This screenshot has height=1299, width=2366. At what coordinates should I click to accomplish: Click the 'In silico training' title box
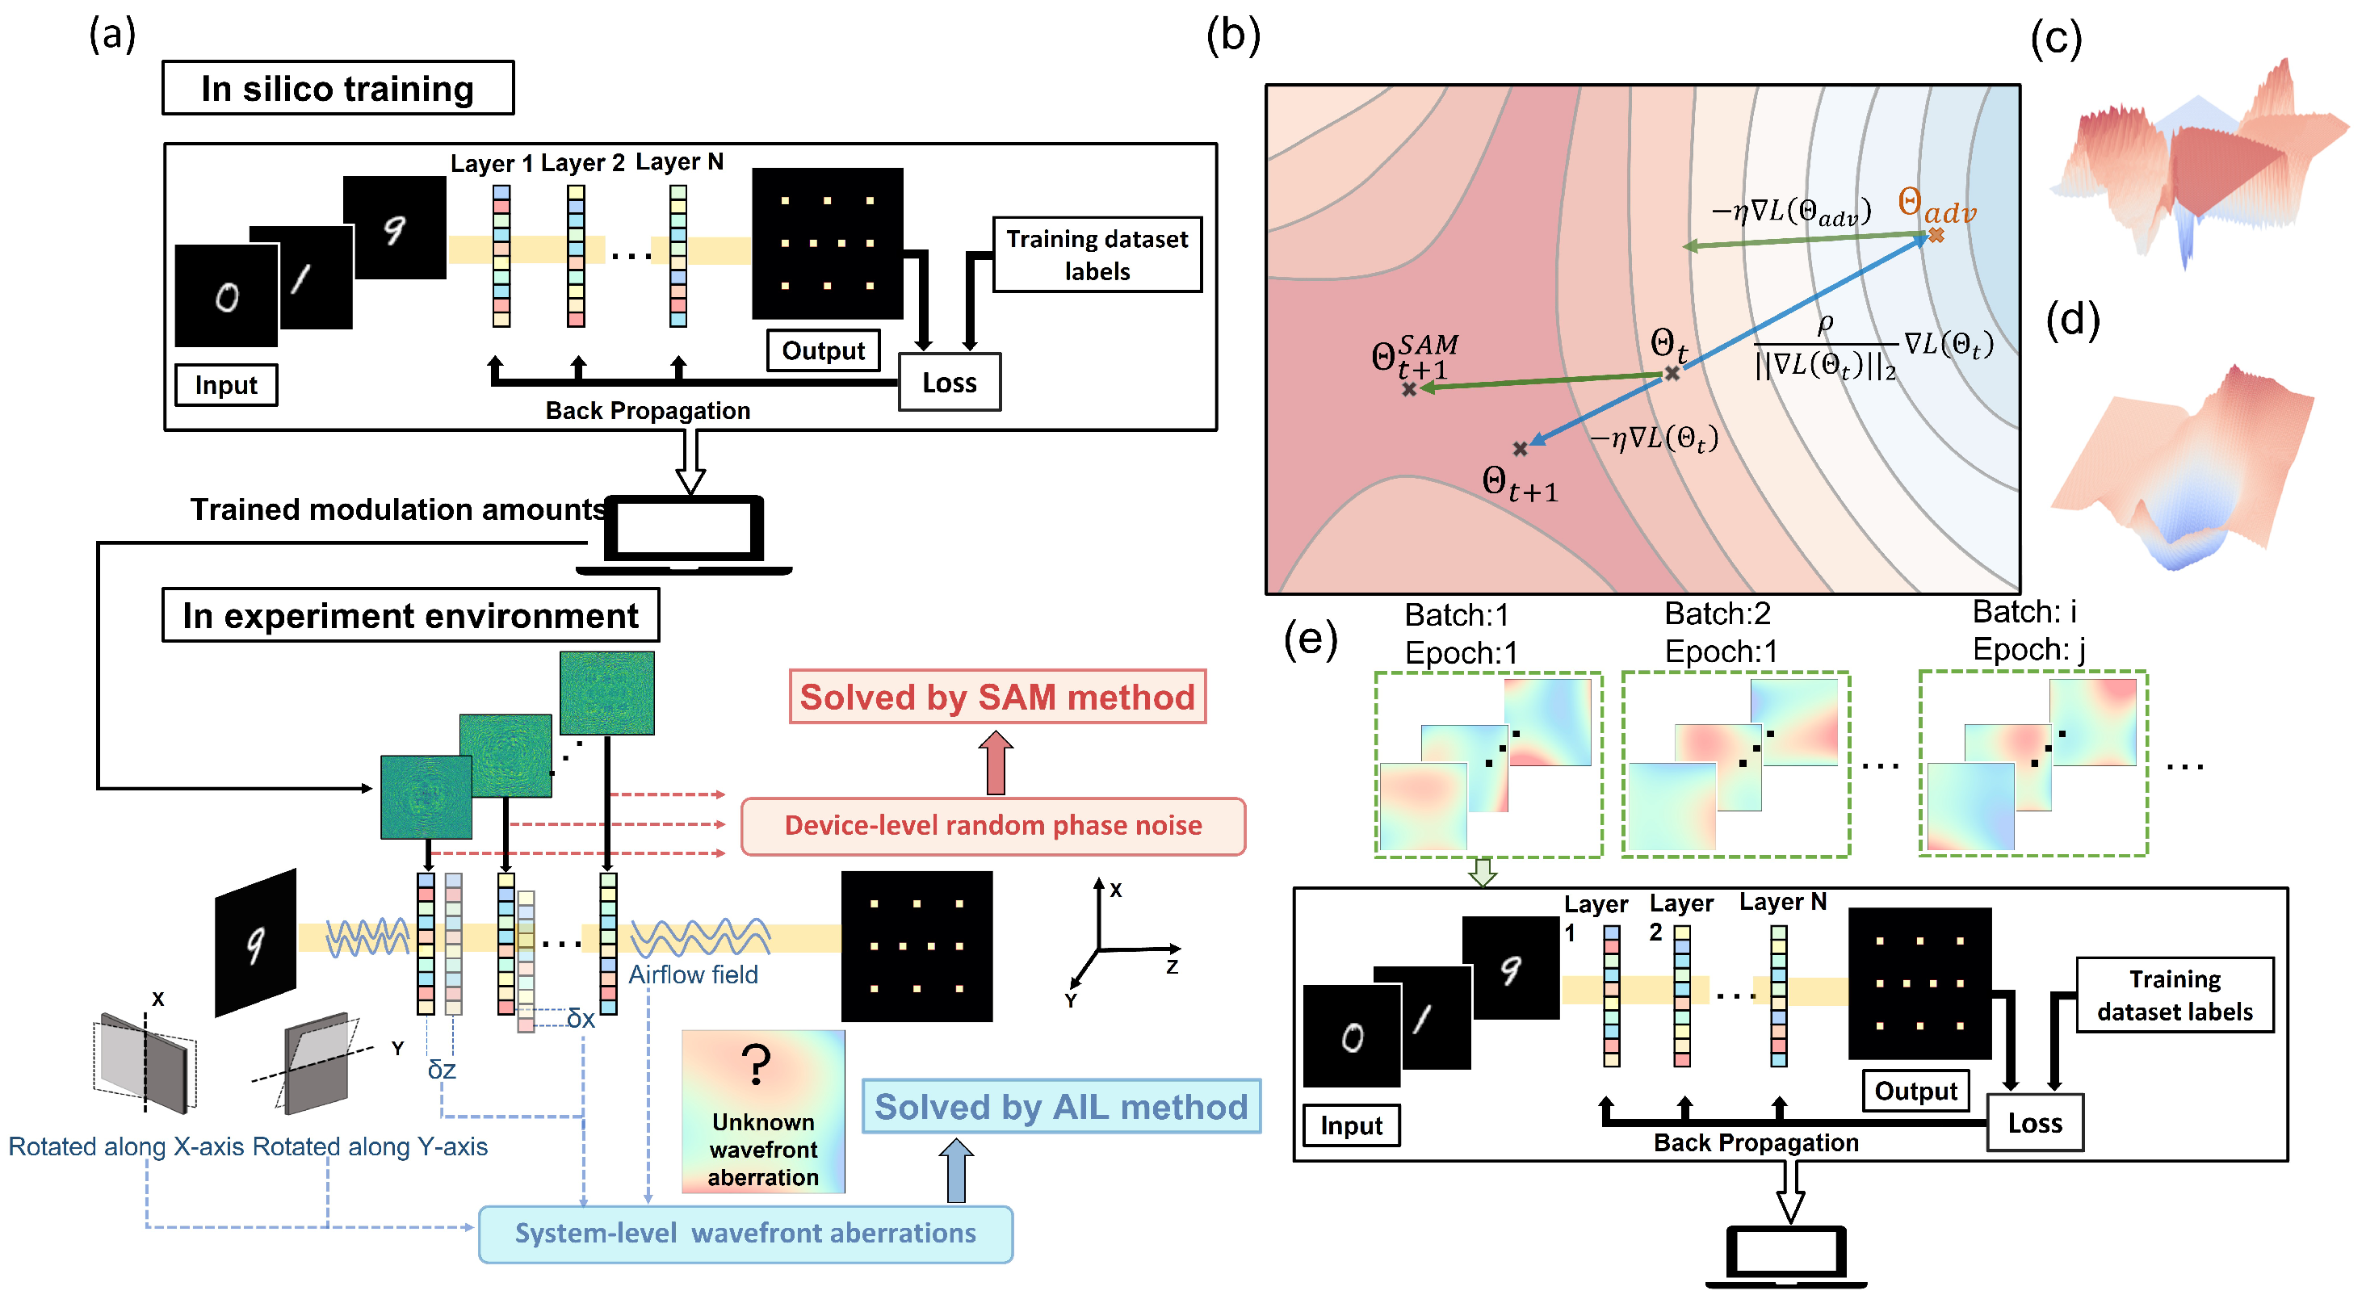tap(338, 88)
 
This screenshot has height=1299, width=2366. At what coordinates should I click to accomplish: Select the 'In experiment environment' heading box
tap(410, 615)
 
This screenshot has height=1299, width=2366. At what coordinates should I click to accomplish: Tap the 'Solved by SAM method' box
tap(997, 697)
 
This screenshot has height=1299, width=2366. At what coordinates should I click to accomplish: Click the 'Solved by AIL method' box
tap(1061, 1106)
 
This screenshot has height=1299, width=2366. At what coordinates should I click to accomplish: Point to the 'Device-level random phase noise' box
tap(993, 826)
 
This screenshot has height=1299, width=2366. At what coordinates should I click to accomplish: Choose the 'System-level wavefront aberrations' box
tap(745, 1233)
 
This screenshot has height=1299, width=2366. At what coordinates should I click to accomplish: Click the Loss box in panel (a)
tap(950, 383)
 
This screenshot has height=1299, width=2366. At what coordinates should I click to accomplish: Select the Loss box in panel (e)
tap(2034, 1123)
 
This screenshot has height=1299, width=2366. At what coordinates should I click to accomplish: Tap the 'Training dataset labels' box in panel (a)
tap(1097, 255)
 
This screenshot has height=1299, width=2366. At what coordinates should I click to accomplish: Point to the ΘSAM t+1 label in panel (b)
tap(1415, 357)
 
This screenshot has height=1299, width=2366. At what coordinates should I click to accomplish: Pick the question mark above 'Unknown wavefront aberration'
tap(756, 1065)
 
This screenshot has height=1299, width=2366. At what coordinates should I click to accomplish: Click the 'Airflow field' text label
tap(694, 975)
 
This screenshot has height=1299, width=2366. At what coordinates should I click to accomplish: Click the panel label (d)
tap(2073, 320)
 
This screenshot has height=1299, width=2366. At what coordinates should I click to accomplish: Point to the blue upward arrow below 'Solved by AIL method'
tap(956, 1171)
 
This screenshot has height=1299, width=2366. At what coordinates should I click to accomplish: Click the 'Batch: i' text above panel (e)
tap(2024, 611)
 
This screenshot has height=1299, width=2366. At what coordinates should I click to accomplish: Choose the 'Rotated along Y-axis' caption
tap(370, 1146)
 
